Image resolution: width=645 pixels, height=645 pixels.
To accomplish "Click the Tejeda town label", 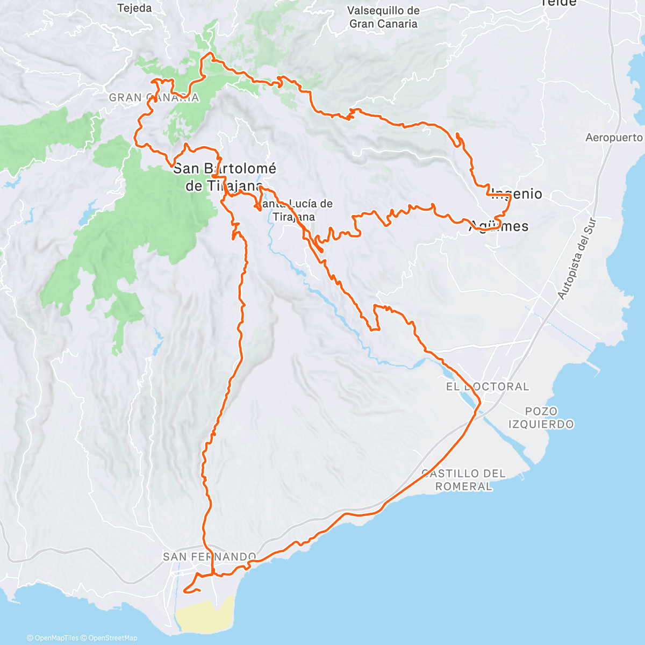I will tap(134, 8).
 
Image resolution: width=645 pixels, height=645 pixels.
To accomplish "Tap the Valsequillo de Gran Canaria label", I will tap(383, 17).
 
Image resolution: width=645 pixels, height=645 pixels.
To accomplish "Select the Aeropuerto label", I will tap(614, 138).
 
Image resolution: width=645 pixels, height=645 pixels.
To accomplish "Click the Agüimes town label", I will tap(499, 226).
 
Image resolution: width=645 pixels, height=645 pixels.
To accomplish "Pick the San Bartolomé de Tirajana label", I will tap(224, 177).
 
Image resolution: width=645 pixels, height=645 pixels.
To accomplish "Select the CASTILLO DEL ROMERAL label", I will tap(463, 480).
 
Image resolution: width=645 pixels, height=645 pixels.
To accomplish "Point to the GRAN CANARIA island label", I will tap(154, 98).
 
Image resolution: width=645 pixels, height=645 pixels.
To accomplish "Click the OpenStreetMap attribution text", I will tap(113, 638).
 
